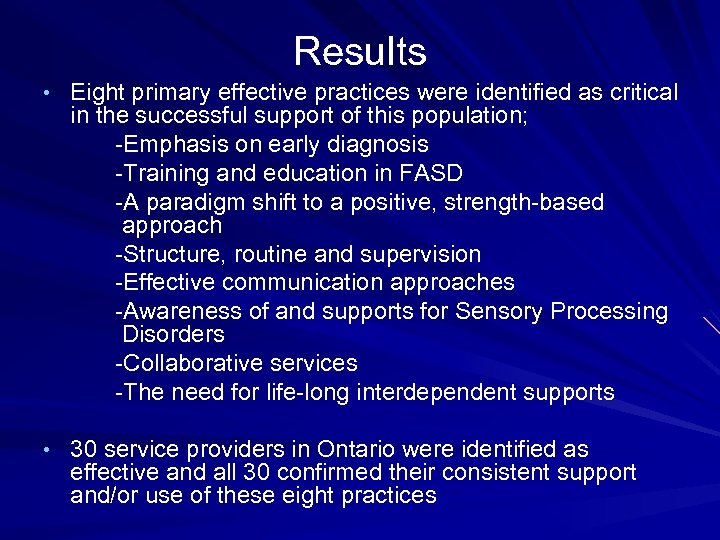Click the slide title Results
click(360, 51)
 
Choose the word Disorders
click(173, 334)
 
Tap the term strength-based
click(523, 203)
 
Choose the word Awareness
click(181, 312)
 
